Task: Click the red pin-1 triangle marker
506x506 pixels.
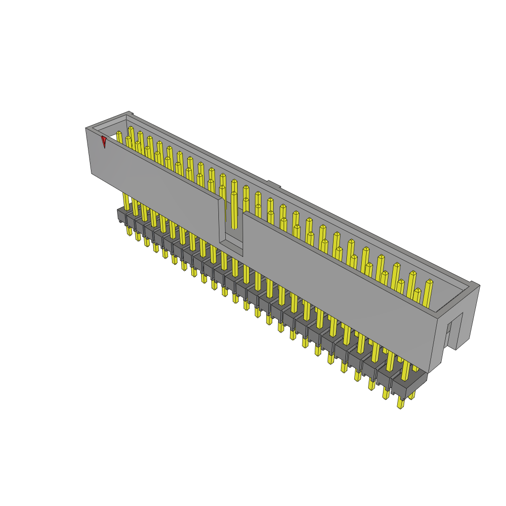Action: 104,141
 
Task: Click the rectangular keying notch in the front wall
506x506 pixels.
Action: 230,222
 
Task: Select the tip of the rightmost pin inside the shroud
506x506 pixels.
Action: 428,283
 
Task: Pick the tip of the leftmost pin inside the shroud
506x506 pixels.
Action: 119,134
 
